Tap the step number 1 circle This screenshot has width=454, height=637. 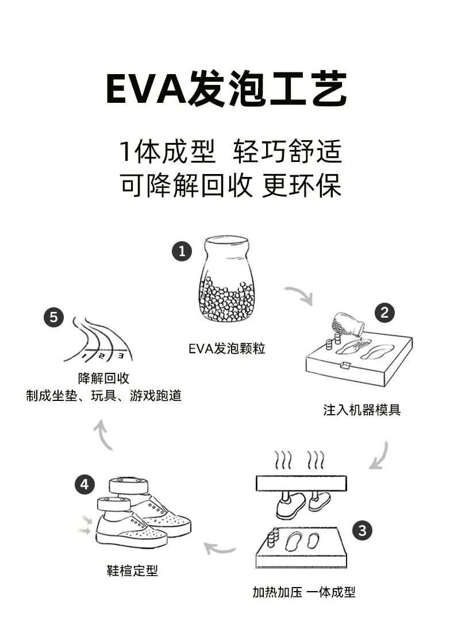click(x=182, y=252)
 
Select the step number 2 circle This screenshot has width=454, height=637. click(x=384, y=312)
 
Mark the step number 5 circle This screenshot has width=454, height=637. click(x=53, y=318)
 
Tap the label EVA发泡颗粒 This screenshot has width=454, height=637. click(x=227, y=349)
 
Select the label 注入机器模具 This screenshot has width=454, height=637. click(x=361, y=410)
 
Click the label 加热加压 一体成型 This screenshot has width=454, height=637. click(x=304, y=592)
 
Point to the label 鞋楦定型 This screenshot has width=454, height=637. click(x=132, y=570)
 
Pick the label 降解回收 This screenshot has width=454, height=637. click(x=104, y=379)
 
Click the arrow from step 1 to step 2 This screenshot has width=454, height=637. click(x=299, y=295)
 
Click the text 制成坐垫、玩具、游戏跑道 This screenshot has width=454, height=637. click(x=104, y=396)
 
